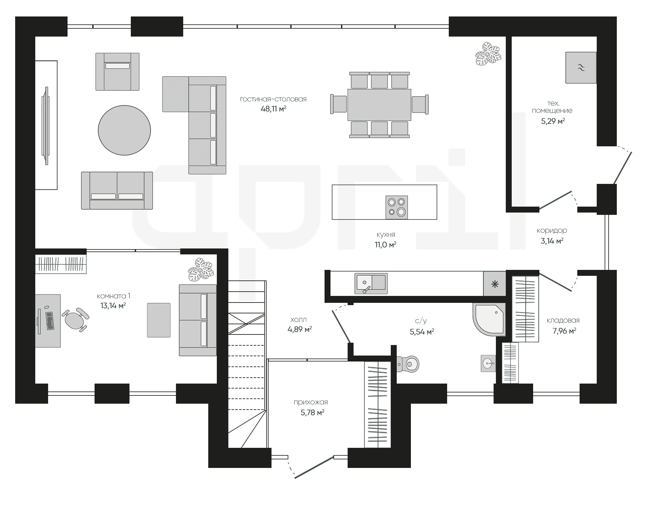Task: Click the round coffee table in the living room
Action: click(x=124, y=130)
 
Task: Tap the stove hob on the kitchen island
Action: click(x=397, y=207)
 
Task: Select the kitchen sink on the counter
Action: click(x=371, y=283)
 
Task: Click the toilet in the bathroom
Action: click(x=408, y=364)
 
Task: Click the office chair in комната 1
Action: click(x=75, y=319)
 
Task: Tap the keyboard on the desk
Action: click(x=50, y=321)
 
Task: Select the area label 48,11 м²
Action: click(x=273, y=109)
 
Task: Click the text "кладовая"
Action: click(x=563, y=320)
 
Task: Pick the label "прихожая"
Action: click(x=311, y=402)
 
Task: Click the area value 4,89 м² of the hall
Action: click(x=300, y=329)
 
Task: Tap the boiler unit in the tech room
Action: click(x=581, y=68)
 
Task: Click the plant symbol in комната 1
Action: click(x=201, y=270)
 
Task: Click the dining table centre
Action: click(x=379, y=105)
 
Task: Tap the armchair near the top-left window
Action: click(x=117, y=72)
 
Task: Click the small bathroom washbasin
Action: click(x=488, y=363)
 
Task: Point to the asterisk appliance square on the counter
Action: click(x=495, y=284)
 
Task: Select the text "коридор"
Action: click(x=552, y=231)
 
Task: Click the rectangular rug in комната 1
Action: click(x=159, y=320)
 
